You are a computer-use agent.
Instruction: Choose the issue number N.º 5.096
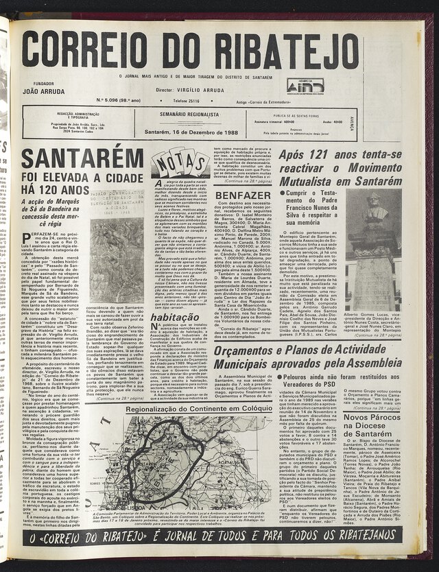click(x=119, y=100)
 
